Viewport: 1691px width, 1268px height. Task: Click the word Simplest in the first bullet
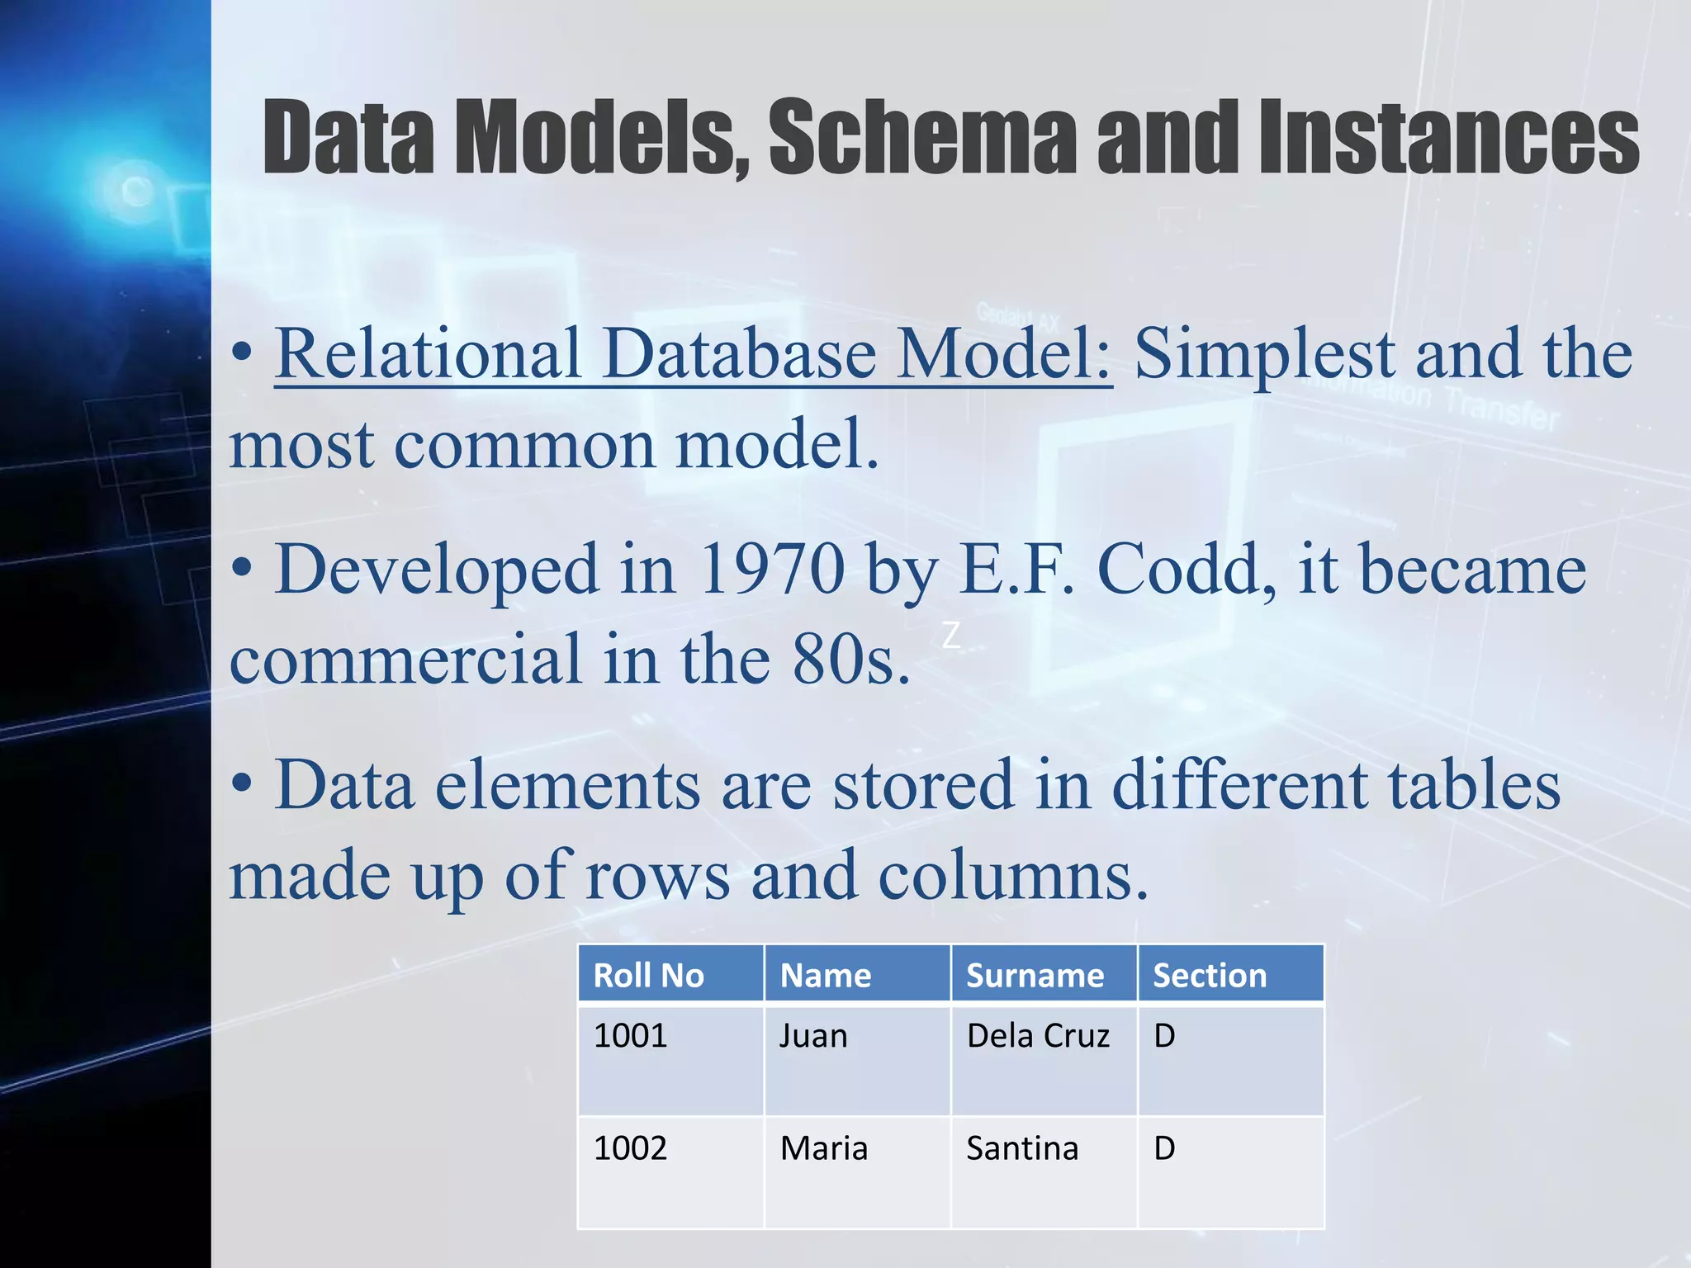[x=1264, y=355]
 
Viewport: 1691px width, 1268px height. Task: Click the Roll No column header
[x=649, y=976]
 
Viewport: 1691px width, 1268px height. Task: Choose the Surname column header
[x=1035, y=976]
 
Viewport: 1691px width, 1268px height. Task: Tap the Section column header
[x=1209, y=976]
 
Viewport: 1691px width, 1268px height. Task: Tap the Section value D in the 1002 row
[x=1164, y=1148]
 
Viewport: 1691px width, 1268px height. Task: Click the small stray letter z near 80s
[x=951, y=636]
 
